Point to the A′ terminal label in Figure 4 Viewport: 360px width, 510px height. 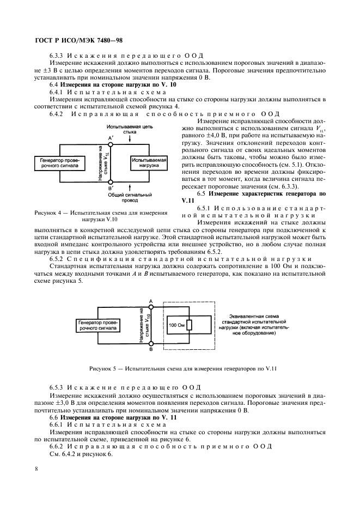point(111,138)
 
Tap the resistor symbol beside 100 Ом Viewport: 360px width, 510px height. point(190,325)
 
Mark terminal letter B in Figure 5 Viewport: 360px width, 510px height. point(151,350)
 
